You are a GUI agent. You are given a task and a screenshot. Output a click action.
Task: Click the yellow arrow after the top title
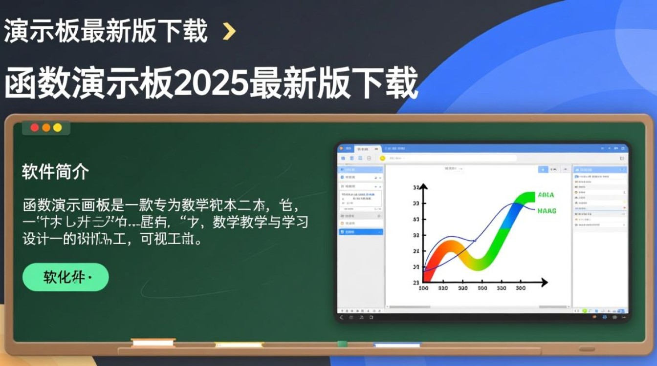point(229,32)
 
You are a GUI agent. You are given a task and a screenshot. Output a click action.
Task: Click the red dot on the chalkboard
point(35,127)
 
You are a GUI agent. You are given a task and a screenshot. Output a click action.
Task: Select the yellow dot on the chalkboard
point(58,127)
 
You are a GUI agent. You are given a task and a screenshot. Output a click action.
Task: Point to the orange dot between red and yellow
point(46,127)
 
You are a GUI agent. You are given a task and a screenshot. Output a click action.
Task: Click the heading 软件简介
point(55,172)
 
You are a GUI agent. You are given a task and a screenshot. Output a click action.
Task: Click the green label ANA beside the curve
point(546,195)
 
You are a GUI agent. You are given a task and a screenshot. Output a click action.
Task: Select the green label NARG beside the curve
point(547,211)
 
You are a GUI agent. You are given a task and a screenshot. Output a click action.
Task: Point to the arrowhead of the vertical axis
point(424,187)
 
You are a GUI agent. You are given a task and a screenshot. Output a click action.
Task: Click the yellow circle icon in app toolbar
point(382,158)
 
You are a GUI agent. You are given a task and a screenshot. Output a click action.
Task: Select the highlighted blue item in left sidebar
point(361,232)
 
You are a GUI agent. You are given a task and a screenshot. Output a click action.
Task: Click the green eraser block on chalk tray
point(343,344)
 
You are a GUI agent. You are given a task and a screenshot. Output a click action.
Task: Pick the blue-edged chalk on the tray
point(396,344)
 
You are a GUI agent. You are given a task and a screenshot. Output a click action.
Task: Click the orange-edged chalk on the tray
point(153,343)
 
